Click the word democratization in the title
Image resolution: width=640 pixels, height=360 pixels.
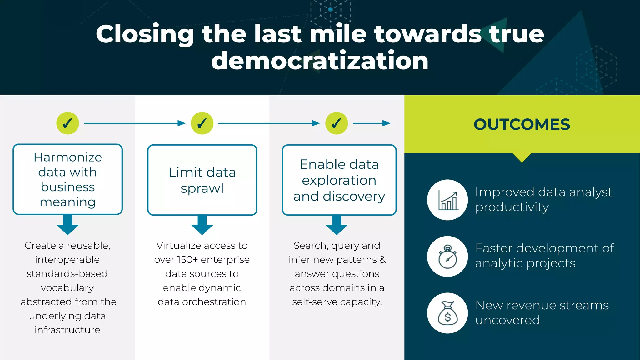pos(320,61)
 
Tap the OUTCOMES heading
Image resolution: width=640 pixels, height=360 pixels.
pos(522,124)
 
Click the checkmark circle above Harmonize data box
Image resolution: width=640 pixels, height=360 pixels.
pos(67,123)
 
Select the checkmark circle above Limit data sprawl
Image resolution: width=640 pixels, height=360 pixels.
pos(202,123)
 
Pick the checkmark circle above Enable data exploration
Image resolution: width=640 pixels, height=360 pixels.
pos(337,123)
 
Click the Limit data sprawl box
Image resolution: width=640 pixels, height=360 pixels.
pos(202,180)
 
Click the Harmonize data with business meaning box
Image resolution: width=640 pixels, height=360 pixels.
pos(67,179)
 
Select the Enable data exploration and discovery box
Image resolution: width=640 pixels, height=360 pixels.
pos(339,180)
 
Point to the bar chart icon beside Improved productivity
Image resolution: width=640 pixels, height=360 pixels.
pos(447,200)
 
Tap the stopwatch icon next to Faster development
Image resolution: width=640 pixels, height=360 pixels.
pos(447,257)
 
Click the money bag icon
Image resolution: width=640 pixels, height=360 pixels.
pos(447,313)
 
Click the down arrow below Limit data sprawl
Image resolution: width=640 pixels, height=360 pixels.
pos(202,225)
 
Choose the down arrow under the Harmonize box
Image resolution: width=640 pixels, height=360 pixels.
pos(67,225)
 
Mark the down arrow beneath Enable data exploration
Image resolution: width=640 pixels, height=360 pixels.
pos(337,225)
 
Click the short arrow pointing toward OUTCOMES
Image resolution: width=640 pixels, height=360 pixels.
pos(372,123)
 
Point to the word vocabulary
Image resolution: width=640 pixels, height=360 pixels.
pos(67,288)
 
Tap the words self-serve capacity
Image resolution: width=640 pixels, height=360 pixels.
pos(337,302)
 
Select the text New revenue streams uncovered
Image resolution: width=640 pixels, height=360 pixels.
pos(542,312)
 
